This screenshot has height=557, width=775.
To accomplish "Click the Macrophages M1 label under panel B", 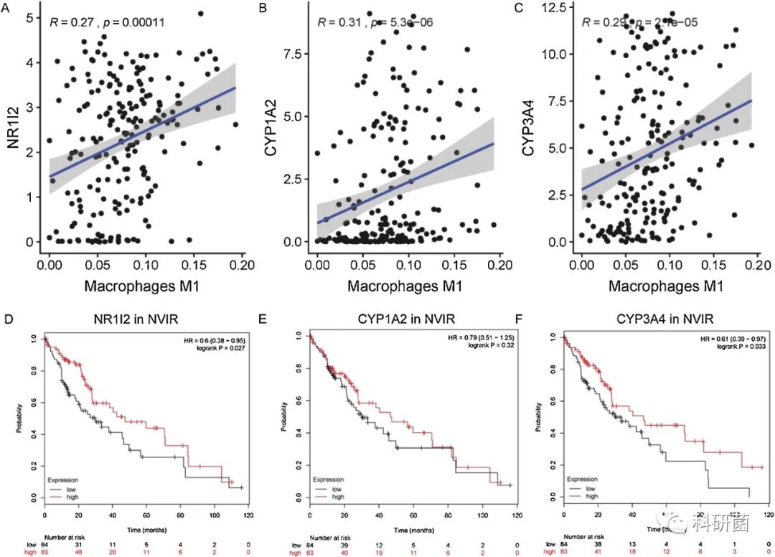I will tap(405, 285).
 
